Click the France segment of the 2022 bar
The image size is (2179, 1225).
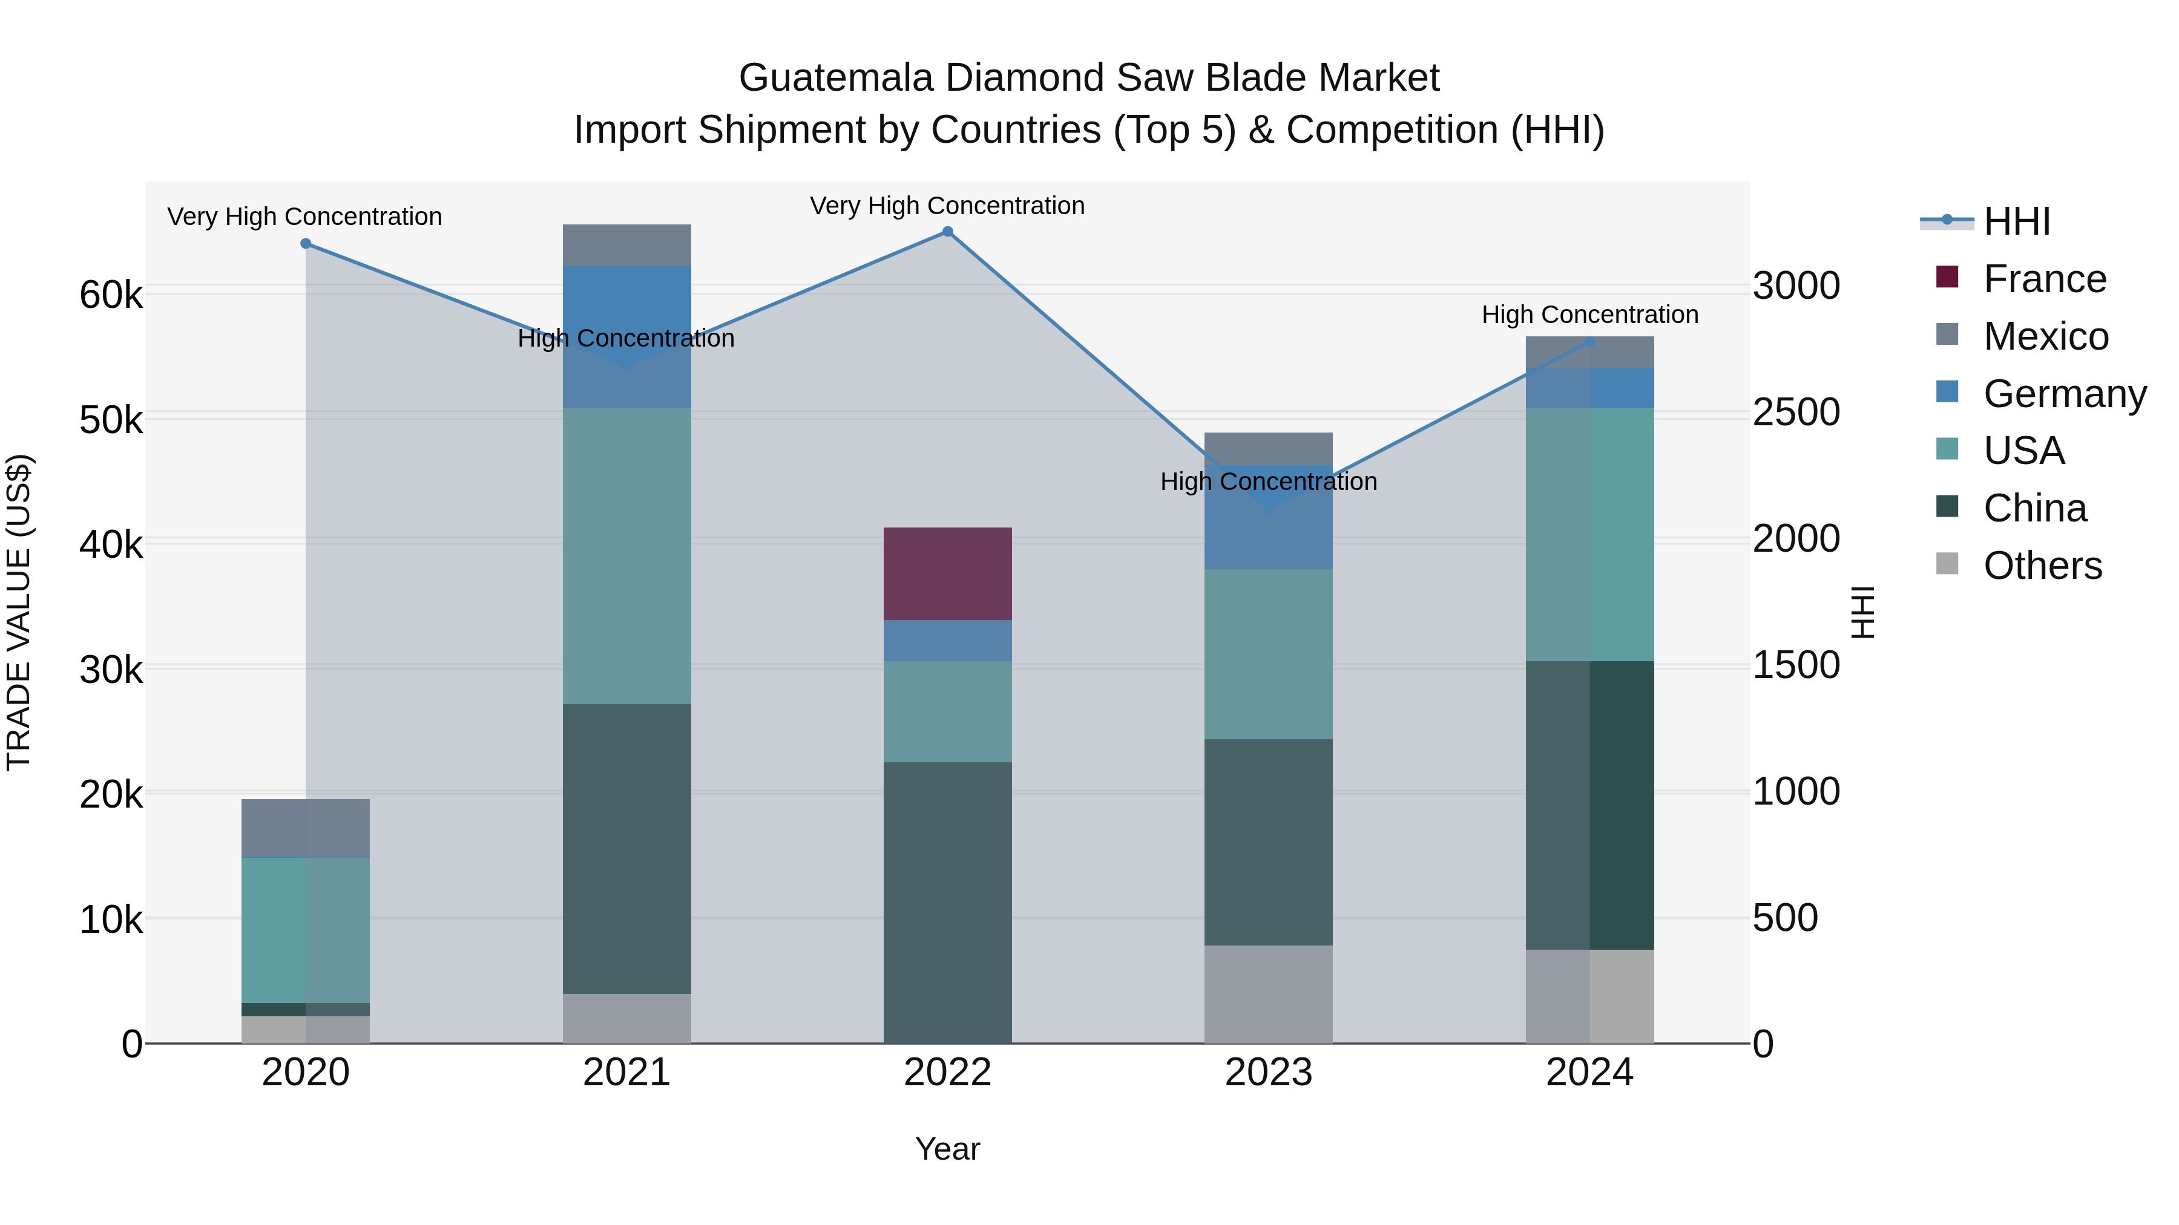[x=947, y=573]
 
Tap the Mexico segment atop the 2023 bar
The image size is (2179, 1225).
[x=1268, y=448]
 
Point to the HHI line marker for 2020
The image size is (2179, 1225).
[x=306, y=243]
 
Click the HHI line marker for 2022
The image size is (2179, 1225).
[x=947, y=232]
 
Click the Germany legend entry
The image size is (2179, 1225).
[x=2064, y=394]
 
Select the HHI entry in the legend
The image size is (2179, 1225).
[x=2017, y=221]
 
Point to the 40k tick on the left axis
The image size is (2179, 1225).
[x=111, y=544]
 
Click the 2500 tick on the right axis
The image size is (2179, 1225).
[x=1796, y=413]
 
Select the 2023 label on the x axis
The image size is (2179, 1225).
[x=1268, y=1073]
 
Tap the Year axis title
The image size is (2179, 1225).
[x=947, y=1149]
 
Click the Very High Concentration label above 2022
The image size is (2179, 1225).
[x=947, y=206]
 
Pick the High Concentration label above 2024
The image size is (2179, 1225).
[x=1589, y=315]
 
